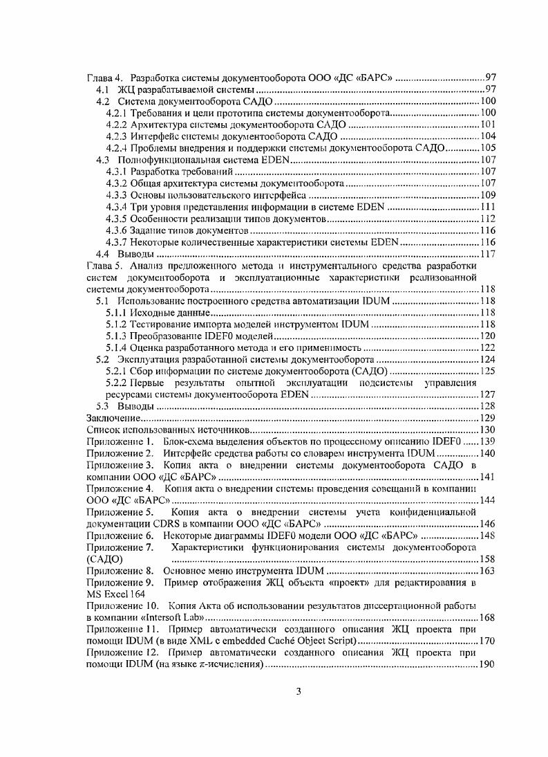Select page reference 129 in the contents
pyautogui.click(x=487, y=418)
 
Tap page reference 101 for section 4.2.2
pyautogui.click(x=487, y=125)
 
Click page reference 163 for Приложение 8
pyautogui.click(x=487, y=571)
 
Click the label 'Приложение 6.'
pyautogui.click(x=119, y=536)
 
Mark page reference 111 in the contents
pyautogui.click(x=487, y=207)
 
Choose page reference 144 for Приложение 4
pyautogui.click(x=487, y=500)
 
